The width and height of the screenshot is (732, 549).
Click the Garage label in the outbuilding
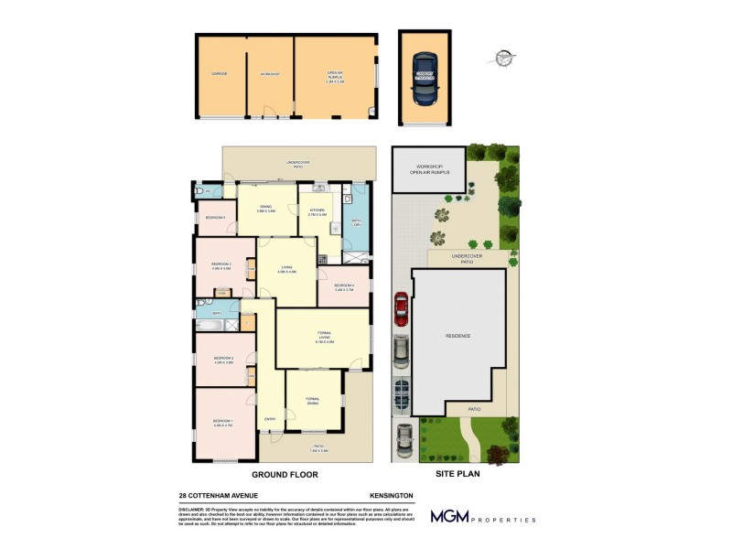point(220,73)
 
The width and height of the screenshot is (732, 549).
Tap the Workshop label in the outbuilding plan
point(268,73)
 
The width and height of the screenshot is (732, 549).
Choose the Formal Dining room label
point(313,400)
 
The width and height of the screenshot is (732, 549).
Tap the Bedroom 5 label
point(215,217)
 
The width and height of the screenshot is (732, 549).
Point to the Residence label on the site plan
point(457,336)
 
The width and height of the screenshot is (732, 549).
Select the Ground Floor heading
point(285,475)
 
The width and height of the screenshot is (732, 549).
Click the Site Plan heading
point(454,475)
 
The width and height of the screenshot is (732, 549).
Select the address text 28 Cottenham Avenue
point(219,495)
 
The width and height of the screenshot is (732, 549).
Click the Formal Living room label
point(324,337)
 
